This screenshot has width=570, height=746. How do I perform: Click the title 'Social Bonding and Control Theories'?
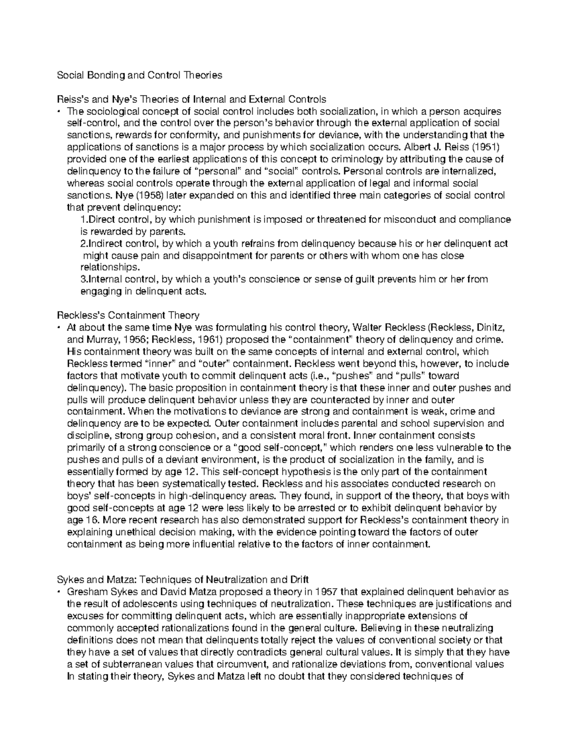pyautogui.click(x=139, y=75)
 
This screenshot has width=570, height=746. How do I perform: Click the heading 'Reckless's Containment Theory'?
pyautogui.click(x=128, y=315)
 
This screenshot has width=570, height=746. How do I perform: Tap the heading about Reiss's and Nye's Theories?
pyautogui.click(x=191, y=99)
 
